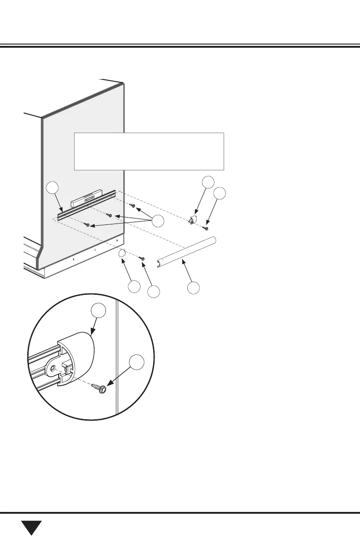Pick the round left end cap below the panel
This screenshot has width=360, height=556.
pos(122,253)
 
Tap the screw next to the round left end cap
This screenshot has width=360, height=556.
pos(142,258)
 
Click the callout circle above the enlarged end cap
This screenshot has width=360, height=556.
pos(98,310)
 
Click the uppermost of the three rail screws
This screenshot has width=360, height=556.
pos(132,206)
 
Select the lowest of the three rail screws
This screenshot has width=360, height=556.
pos(86,224)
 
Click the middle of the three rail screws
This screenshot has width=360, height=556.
pos(109,215)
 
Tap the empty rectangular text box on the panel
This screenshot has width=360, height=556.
pos(149,151)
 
